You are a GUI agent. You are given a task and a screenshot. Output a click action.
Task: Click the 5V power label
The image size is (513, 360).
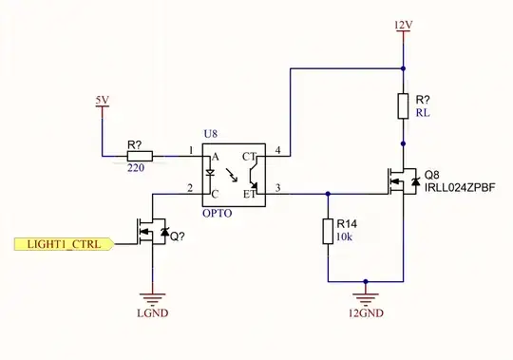click(102, 100)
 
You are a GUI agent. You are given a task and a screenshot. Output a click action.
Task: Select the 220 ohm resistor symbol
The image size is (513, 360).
click(139, 153)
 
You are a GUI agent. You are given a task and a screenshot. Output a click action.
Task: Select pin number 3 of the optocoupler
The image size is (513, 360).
click(277, 186)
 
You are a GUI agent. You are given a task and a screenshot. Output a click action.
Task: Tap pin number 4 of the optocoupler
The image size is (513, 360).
click(277, 149)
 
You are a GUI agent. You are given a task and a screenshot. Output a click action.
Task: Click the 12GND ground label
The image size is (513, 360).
click(365, 311)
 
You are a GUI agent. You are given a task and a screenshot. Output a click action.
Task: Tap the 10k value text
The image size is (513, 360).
click(343, 237)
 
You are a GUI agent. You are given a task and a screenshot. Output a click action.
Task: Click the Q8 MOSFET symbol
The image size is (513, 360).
click(399, 180)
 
